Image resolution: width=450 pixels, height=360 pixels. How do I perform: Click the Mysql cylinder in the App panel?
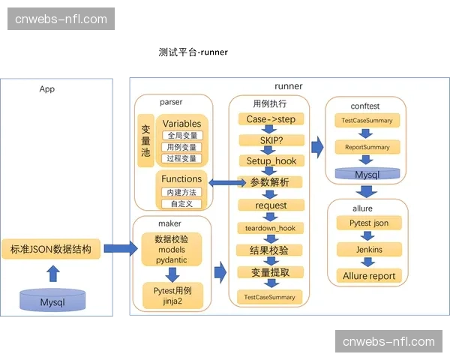pos(52,301)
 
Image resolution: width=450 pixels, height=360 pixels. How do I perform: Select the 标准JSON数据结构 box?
pos(52,249)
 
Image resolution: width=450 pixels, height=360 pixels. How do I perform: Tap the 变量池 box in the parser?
pos(145,140)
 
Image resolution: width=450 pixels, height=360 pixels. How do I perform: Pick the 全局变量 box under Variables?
pos(181,136)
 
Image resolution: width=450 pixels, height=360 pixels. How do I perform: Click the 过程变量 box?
pos(181,158)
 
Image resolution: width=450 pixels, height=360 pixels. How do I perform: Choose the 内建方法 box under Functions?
pos(181,193)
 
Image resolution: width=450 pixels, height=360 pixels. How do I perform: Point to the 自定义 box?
pos(181,203)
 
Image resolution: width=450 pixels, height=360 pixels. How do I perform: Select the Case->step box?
pos(271,119)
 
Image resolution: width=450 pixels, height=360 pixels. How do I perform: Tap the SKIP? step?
pos(271,140)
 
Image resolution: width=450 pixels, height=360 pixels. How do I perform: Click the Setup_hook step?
pos(271,160)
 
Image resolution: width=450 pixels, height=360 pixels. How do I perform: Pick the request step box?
pos(271,205)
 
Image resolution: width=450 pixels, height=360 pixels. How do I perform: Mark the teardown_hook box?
pos(271,228)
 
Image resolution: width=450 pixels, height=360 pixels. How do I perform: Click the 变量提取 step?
pos(271,272)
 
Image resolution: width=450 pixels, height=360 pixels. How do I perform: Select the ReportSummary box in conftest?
pos(367,147)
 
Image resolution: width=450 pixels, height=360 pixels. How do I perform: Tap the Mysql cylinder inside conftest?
pos(367,174)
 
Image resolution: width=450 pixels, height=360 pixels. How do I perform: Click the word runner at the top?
pos(288,87)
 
